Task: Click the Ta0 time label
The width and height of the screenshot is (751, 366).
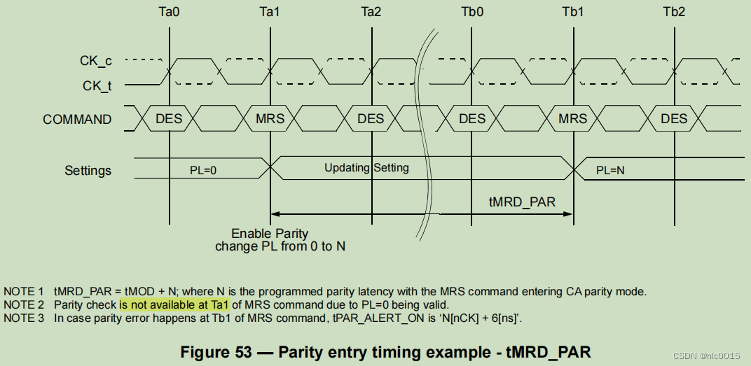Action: click(x=169, y=12)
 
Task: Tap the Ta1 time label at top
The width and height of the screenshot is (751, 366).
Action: click(x=270, y=12)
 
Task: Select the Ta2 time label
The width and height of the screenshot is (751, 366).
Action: click(x=371, y=12)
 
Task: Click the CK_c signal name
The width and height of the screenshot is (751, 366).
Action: click(x=95, y=61)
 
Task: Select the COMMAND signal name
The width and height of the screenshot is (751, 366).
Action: click(x=77, y=120)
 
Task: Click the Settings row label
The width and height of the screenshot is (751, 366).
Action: click(x=88, y=170)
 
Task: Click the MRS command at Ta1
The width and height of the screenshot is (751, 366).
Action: click(x=270, y=119)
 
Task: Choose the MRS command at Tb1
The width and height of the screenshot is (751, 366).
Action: click(x=573, y=119)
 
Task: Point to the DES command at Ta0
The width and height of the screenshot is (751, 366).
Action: click(x=169, y=119)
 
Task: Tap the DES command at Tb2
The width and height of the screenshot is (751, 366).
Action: click(x=674, y=119)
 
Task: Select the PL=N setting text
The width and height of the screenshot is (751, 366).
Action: click(x=611, y=170)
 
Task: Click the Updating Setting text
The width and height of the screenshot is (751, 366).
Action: click(x=366, y=168)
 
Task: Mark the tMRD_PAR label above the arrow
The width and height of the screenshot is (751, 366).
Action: click(x=522, y=202)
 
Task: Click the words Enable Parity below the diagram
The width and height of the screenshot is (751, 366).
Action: click(x=270, y=234)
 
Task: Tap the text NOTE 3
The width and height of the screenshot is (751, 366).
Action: click(x=23, y=318)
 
